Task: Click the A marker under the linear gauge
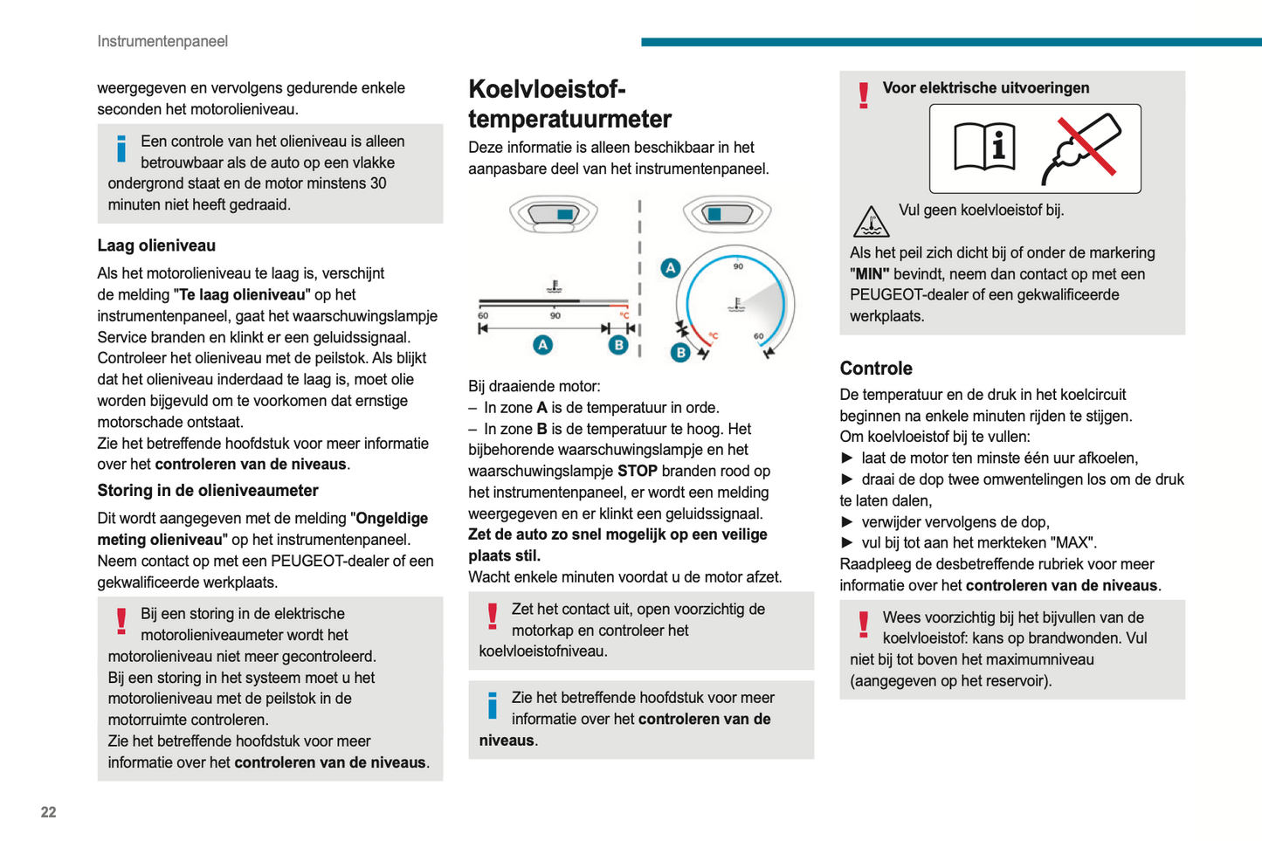[x=542, y=345]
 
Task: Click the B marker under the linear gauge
[x=618, y=345]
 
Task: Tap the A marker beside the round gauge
[x=670, y=268]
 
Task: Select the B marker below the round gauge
[x=679, y=353]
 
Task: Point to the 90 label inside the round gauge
[x=738, y=266]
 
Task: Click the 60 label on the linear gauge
[x=483, y=315]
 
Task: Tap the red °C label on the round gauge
[x=713, y=335]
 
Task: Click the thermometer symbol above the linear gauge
[x=554, y=286]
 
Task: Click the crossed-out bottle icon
[x=1081, y=148]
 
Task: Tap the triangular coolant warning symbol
[x=871, y=222]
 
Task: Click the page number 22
[x=48, y=812]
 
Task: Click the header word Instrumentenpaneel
[x=162, y=41]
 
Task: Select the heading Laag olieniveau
[x=156, y=245]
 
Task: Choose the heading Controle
[x=876, y=369]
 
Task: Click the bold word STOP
[x=637, y=471]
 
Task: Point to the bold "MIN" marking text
[x=869, y=273]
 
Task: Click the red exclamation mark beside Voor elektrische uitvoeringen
[x=864, y=94]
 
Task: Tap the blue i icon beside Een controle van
[x=121, y=148]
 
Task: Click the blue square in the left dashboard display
[x=564, y=214]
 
